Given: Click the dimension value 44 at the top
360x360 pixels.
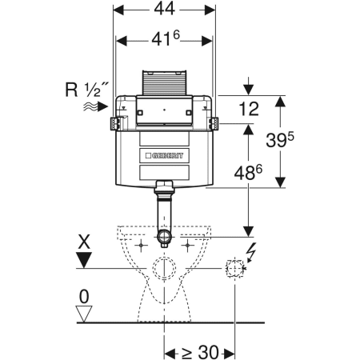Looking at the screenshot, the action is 165,9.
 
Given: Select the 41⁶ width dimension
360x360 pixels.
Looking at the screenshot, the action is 166,39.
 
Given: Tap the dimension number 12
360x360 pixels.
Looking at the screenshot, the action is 249,109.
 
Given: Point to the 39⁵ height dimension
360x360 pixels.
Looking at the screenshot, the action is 280,140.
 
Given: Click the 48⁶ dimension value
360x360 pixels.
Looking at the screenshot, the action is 248,173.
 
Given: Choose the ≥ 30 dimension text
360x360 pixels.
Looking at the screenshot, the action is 200,353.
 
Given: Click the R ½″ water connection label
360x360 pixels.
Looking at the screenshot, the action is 87,90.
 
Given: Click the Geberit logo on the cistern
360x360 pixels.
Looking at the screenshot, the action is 165,155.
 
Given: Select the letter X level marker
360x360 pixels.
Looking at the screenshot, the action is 84,242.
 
